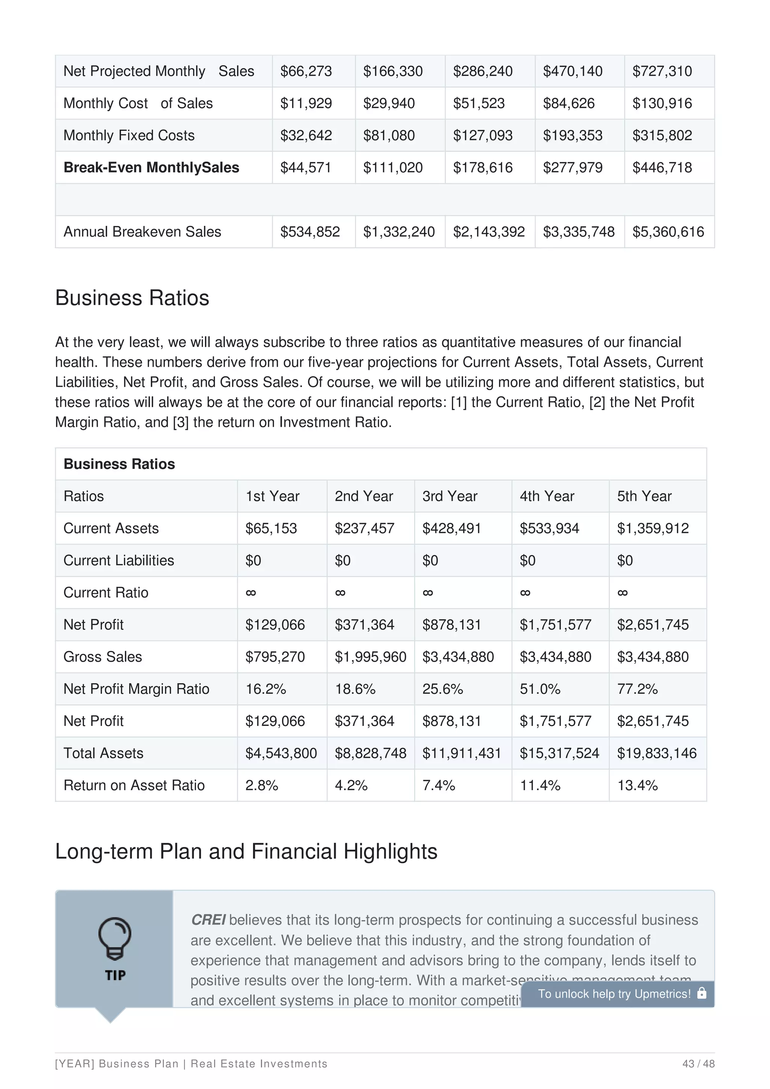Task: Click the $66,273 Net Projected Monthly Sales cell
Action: (x=306, y=71)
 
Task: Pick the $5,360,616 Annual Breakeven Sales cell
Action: (x=668, y=232)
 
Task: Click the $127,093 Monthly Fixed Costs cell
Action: (x=482, y=136)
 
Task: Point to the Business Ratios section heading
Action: (x=132, y=298)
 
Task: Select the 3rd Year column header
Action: (x=449, y=496)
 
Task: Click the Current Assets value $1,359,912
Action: (x=652, y=528)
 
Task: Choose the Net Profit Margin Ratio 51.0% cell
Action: (x=540, y=689)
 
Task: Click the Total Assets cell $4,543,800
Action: (x=281, y=753)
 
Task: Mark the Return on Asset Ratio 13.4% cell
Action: (x=637, y=785)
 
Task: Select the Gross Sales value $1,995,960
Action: (x=370, y=657)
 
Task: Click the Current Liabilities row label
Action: (x=118, y=561)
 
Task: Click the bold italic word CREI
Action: (x=208, y=920)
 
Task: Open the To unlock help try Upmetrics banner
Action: (x=617, y=994)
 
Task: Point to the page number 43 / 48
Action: (x=698, y=1064)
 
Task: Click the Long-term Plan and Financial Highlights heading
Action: (x=246, y=852)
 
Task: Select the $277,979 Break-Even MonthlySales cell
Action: (x=572, y=168)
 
